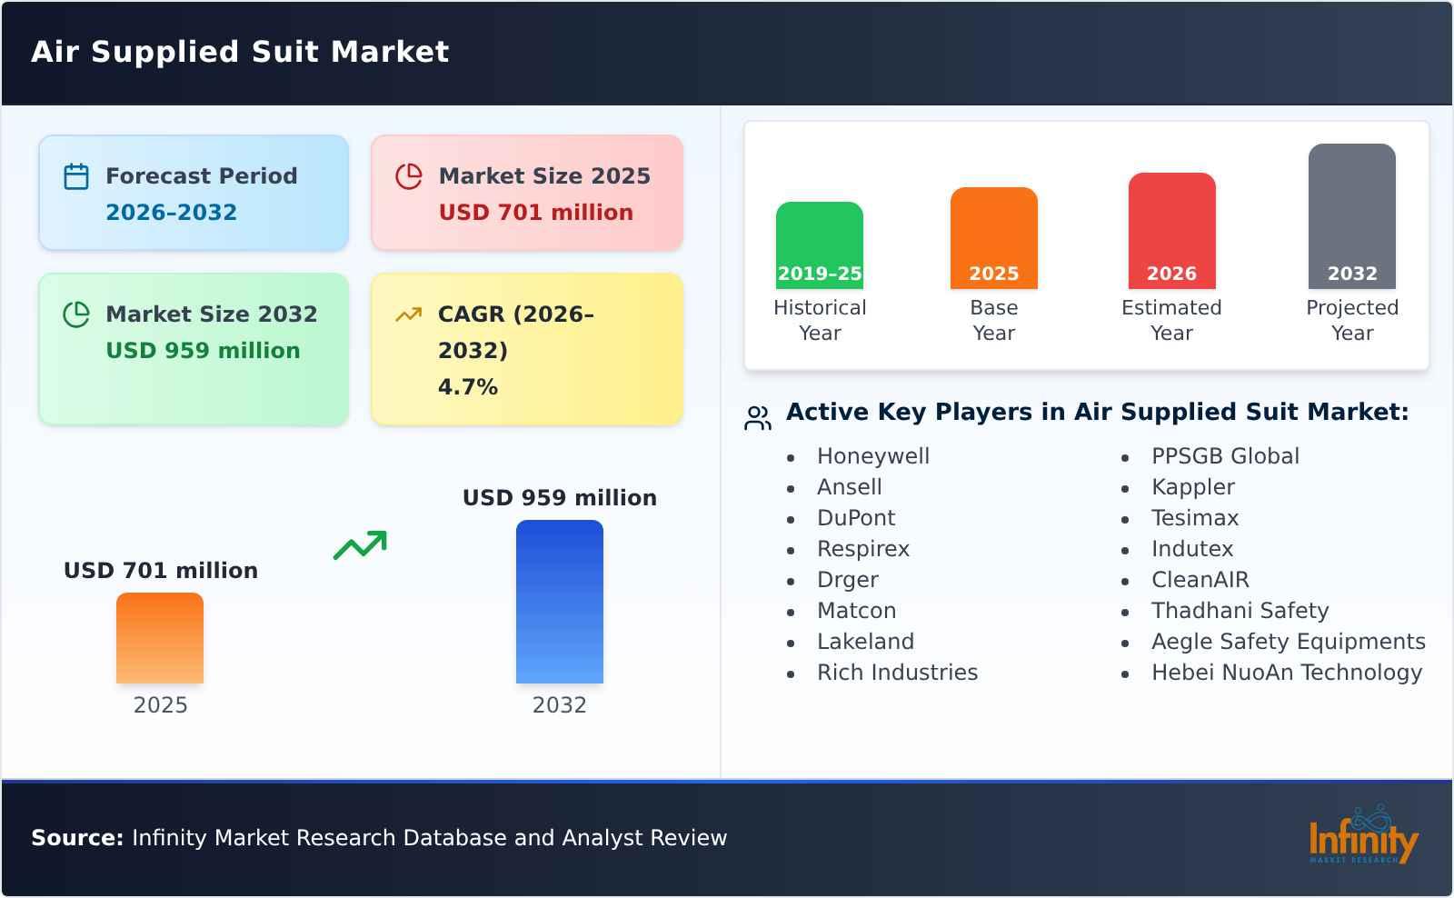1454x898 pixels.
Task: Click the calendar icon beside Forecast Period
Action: pyautogui.click(x=76, y=176)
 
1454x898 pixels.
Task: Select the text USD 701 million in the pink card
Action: pyautogui.click(x=535, y=213)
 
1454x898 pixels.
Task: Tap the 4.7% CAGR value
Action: pyautogui.click(x=467, y=387)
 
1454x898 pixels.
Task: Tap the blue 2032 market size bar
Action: pyautogui.click(x=559, y=602)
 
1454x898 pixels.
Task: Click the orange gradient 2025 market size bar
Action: pyautogui.click(x=160, y=638)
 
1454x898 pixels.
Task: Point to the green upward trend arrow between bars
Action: pyautogui.click(x=360, y=545)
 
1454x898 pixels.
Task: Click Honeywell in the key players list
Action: pyautogui.click(x=872, y=456)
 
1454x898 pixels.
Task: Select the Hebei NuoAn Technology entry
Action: pyautogui.click(x=1286, y=673)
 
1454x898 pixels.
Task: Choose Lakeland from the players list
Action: pyautogui.click(x=865, y=642)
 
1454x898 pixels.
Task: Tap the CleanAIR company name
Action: pyautogui.click(x=1200, y=580)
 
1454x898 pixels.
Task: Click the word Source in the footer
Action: pyautogui.click(x=76, y=838)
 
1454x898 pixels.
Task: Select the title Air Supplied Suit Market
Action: pyautogui.click(x=240, y=52)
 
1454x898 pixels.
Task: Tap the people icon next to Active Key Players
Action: pyautogui.click(x=757, y=418)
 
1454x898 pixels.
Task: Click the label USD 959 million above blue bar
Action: pyautogui.click(x=559, y=498)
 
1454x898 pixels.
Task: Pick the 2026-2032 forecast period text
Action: pyautogui.click(x=171, y=213)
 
